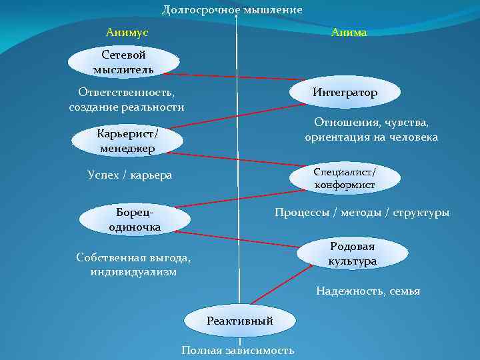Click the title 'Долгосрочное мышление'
click(232, 10)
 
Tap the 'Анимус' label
click(127, 32)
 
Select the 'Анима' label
click(349, 33)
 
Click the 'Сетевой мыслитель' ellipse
click(123, 62)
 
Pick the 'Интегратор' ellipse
click(345, 93)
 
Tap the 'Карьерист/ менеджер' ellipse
click(126, 141)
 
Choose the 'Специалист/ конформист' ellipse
click(345, 178)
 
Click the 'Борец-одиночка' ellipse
click(135, 220)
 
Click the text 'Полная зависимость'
click(238, 351)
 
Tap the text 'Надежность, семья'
click(368, 291)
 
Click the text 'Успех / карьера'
click(129, 175)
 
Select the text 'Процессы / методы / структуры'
click(362, 213)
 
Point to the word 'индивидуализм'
click(133, 271)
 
